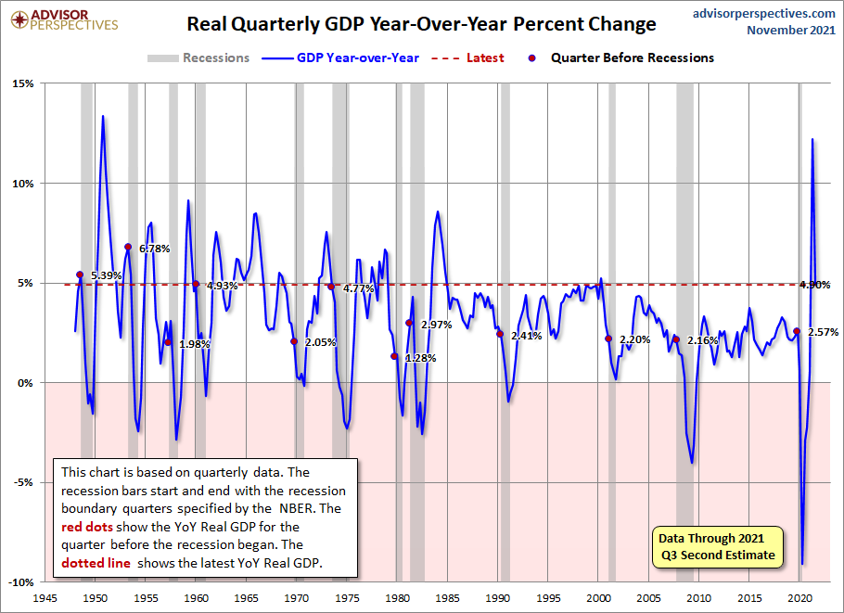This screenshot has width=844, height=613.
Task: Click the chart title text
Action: point(421,24)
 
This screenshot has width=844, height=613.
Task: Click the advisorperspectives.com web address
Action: point(764,13)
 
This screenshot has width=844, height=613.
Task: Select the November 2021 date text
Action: point(791,31)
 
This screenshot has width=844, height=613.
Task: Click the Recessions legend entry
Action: point(198,57)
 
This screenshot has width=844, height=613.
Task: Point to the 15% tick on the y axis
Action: point(22,83)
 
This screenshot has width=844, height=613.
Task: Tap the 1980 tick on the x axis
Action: point(398,598)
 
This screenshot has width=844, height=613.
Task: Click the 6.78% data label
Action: point(155,249)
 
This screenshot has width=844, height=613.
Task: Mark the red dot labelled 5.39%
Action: point(80,275)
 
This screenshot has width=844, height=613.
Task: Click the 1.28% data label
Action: point(420,358)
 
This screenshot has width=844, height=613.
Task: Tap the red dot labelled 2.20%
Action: point(608,338)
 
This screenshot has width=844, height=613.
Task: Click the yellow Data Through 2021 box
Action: point(716,547)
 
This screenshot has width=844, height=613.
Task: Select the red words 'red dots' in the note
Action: point(83,527)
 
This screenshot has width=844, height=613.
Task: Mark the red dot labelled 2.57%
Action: point(797,331)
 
